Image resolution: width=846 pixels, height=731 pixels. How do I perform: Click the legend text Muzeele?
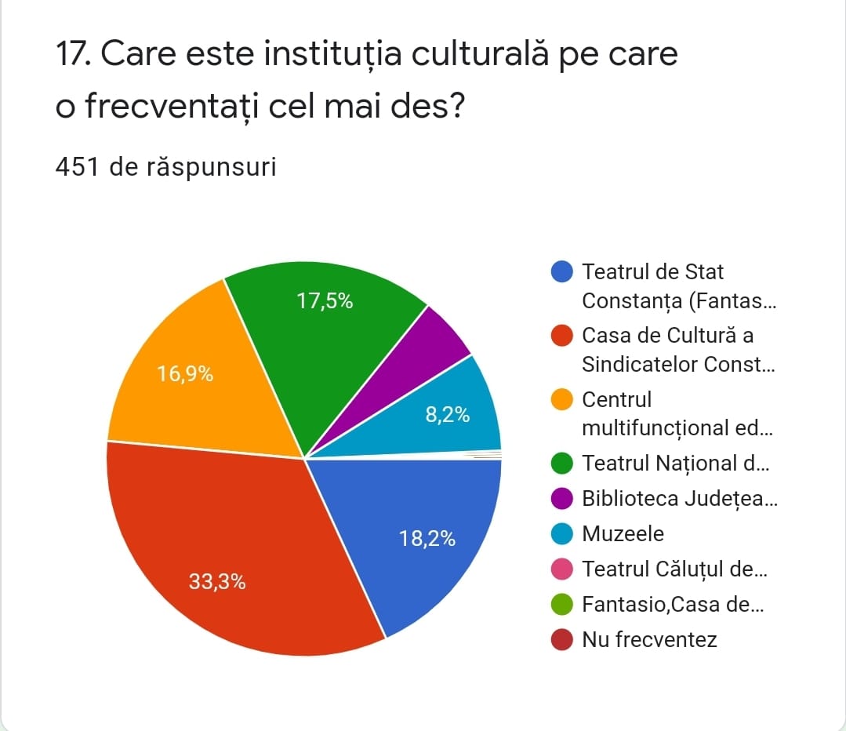623,534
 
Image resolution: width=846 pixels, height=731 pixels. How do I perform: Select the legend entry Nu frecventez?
649,640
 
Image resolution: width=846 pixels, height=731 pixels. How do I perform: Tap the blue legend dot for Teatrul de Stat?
562,272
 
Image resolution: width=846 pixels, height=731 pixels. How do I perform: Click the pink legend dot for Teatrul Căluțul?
562,569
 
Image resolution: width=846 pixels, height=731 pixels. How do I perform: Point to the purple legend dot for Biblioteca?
562,499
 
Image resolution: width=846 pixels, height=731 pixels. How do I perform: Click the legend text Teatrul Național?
674,464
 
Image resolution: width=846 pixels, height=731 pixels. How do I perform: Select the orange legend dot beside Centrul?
562,400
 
